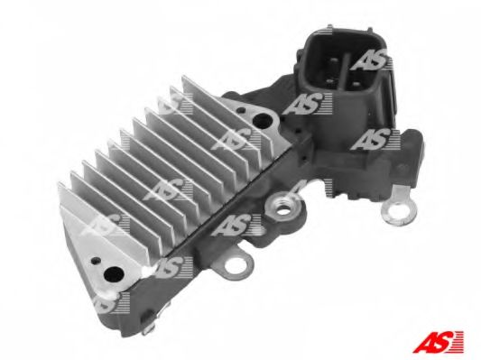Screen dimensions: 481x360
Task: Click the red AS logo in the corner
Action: click(439, 341)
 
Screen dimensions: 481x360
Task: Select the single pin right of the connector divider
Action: click(356, 83)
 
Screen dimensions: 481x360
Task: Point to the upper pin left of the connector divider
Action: click(333, 65)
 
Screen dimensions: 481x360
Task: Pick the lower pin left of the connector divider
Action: click(330, 81)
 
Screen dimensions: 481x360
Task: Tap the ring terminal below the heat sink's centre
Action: click(236, 265)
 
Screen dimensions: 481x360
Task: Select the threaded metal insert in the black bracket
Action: click(282, 207)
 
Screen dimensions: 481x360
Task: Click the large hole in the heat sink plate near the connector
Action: click(263, 121)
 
